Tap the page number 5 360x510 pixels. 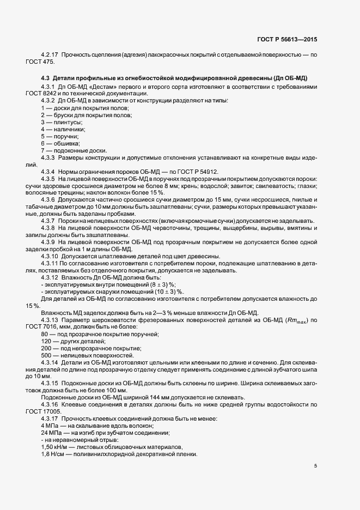click(x=315, y=465)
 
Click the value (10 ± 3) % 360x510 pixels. click(x=162, y=292)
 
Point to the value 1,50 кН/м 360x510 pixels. click(x=53, y=447)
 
